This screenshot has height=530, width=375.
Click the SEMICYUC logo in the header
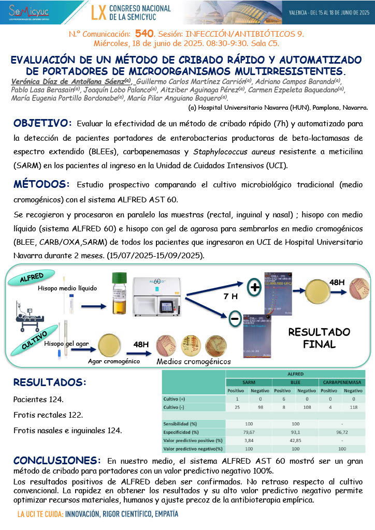click(31, 11)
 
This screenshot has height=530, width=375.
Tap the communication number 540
click(145, 34)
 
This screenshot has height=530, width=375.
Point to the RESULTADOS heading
click(50, 382)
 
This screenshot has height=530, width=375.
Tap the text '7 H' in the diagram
click(230, 297)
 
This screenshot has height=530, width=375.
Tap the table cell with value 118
click(353, 407)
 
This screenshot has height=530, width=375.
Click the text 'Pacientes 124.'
click(38, 400)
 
